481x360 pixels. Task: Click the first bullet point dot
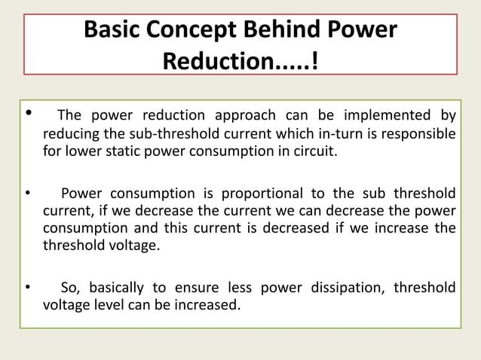[29, 115]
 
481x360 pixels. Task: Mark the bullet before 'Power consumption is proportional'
[28, 192]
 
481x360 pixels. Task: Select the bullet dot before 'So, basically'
[28, 288]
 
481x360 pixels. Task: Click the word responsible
[418, 133]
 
